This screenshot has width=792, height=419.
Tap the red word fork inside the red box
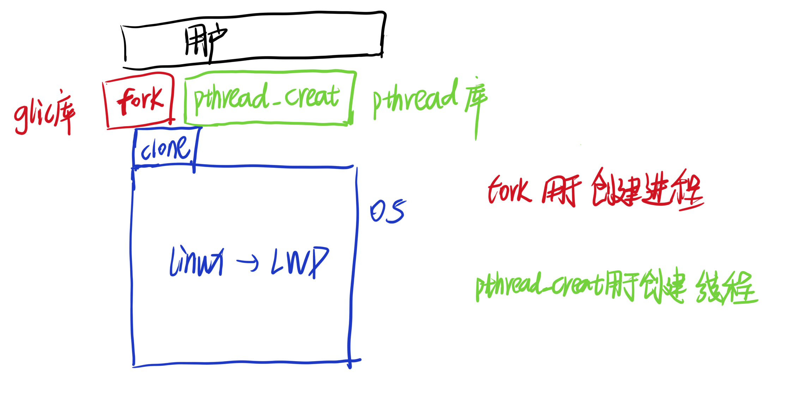[140, 100]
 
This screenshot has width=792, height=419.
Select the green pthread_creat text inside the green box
[266, 98]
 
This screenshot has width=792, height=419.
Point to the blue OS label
[387, 211]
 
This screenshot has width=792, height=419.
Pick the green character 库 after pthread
[476, 102]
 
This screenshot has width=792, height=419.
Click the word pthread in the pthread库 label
[415, 99]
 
